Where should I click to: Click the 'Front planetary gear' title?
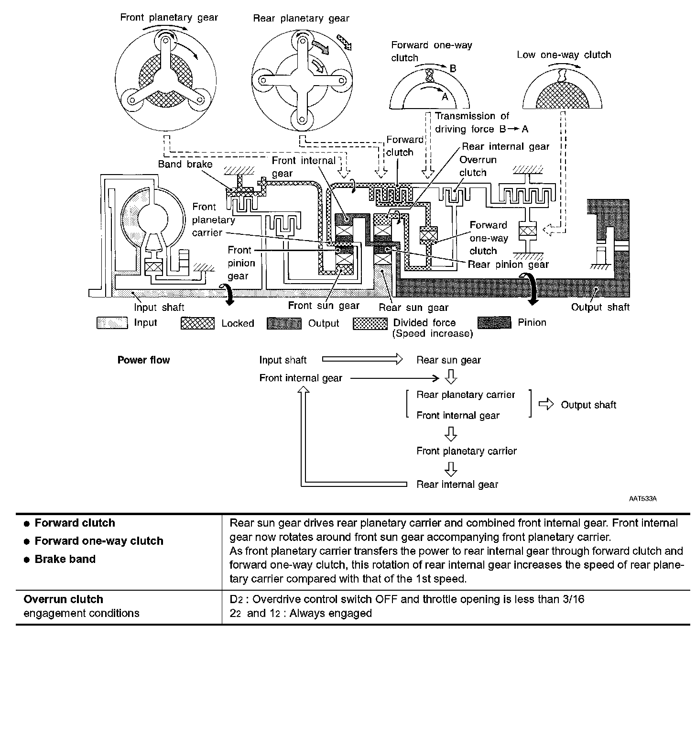point(169,18)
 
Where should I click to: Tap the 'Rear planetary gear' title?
point(301,19)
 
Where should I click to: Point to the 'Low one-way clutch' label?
point(564,55)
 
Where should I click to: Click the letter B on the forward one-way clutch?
point(453,69)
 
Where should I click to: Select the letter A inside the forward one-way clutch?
point(445,96)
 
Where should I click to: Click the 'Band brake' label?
point(185,165)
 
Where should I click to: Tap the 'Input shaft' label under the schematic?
point(159,308)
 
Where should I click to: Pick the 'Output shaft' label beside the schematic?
point(600,308)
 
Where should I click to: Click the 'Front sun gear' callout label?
point(324,306)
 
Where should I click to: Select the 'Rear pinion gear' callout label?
point(508,264)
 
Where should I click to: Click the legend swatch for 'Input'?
point(112,323)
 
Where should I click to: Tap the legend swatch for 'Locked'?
point(197,324)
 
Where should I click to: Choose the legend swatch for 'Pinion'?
point(494,323)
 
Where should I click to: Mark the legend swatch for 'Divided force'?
point(370,324)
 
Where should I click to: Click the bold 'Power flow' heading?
point(143,360)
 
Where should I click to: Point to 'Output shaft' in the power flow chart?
point(588,405)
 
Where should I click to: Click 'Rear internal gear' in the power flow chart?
point(457,485)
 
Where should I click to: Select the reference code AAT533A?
point(642,499)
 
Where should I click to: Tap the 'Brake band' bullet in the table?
point(65,559)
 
